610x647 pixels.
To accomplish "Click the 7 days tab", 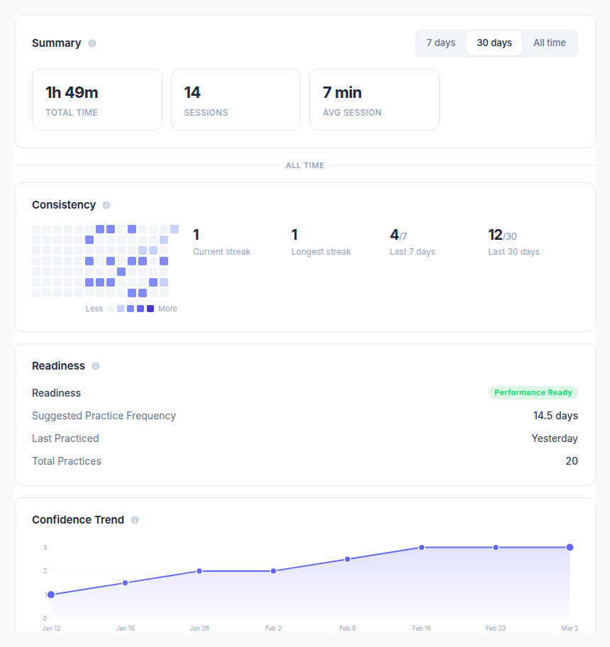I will pyautogui.click(x=440, y=43).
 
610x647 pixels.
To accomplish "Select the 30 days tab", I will pyautogui.click(x=494, y=43).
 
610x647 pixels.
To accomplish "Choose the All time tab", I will pyautogui.click(x=549, y=43).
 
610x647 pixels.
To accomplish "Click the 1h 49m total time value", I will pyautogui.click(x=72, y=93).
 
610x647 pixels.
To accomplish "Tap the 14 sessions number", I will pyautogui.click(x=192, y=93).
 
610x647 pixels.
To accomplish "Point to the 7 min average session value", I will pyautogui.click(x=342, y=93).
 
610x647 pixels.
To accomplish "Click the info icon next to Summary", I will pyautogui.click(x=92, y=43).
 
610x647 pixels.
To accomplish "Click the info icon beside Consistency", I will pyautogui.click(x=106, y=205).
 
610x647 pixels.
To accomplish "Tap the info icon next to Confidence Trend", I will pyautogui.click(x=135, y=520).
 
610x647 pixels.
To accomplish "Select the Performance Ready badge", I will pyautogui.click(x=533, y=393).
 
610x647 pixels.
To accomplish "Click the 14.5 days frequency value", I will pyautogui.click(x=555, y=416).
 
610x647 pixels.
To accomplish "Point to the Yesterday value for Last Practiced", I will pyautogui.click(x=554, y=438).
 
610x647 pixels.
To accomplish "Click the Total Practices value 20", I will pyautogui.click(x=571, y=461).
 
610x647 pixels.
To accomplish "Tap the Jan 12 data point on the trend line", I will pyautogui.click(x=50, y=595).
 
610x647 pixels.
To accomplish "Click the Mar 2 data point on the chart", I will pyautogui.click(x=570, y=547).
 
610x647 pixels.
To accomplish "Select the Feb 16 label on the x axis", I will pyautogui.click(x=421, y=629).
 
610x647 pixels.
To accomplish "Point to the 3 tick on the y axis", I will pyautogui.click(x=45, y=548).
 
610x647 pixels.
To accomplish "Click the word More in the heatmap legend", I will pyautogui.click(x=167, y=309).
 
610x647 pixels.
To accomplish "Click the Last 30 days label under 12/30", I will pyautogui.click(x=514, y=252).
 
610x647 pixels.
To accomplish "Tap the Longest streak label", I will pyautogui.click(x=321, y=252).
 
